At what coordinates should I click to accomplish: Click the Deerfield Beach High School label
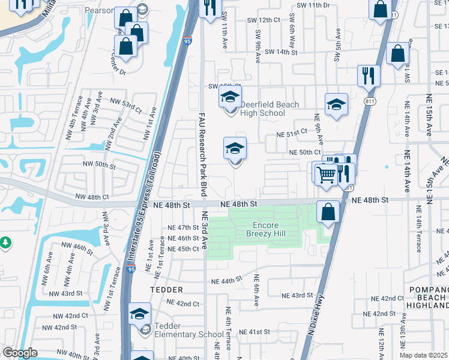[x=270, y=109]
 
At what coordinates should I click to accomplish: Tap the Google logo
[x=20, y=352]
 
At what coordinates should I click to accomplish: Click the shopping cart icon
[x=325, y=175]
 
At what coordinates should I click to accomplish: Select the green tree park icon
[x=5, y=242]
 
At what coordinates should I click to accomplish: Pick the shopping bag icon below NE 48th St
[x=328, y=212]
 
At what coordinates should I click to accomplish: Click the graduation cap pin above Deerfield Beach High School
[x=230, y=97]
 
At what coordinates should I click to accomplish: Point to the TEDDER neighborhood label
[x=166, y=289]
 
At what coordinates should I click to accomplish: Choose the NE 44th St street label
[x=226, y=280]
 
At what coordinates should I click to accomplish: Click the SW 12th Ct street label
[x=268, y=20]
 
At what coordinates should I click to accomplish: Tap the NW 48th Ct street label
[x=92, y=196]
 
